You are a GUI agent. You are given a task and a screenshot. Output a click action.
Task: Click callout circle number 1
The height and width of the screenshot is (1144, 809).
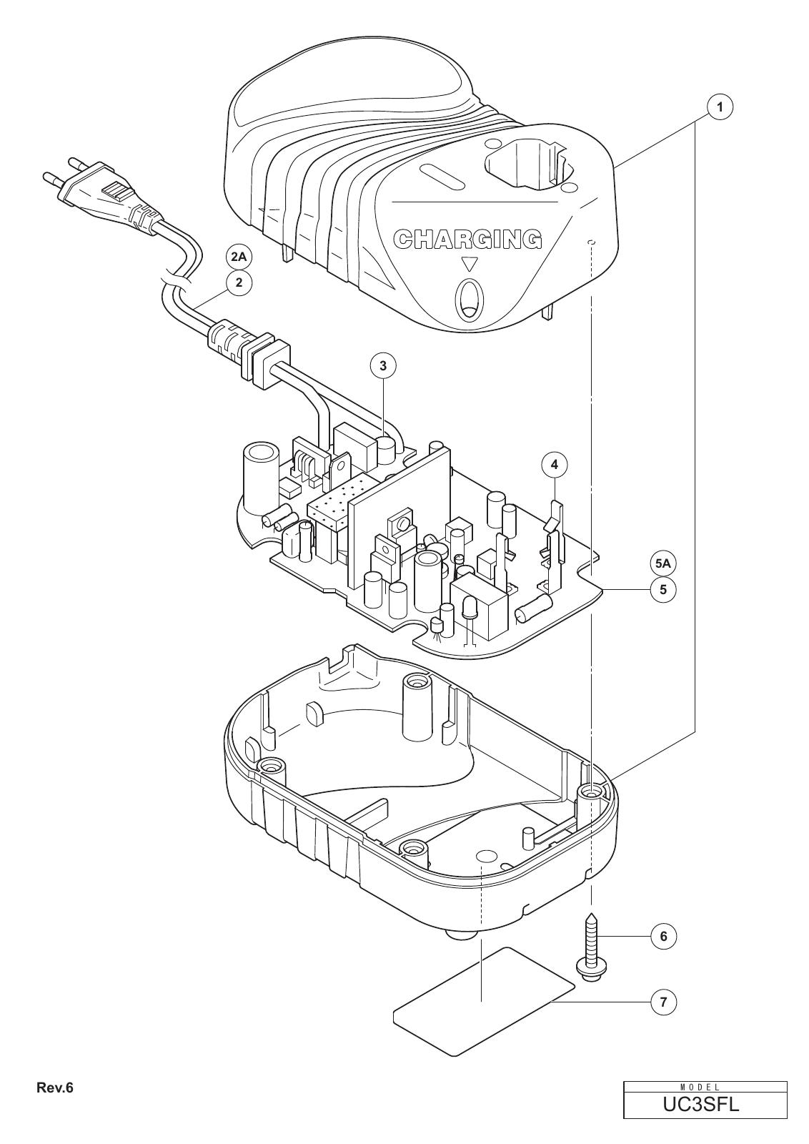(719, 107)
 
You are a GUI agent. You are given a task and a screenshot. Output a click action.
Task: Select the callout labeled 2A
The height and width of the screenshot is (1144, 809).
(239, 257)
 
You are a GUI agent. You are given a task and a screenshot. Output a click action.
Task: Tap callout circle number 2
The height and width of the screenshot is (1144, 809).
(239, 282)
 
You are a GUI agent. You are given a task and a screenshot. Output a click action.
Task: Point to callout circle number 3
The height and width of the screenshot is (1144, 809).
(383, 365)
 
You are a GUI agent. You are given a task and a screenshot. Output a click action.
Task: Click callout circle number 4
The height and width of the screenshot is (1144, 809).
(555, 465)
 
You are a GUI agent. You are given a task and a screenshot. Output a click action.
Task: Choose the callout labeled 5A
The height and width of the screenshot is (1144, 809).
(662, 564)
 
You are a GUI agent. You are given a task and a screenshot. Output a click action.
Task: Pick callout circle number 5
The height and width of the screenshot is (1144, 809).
(663, 589)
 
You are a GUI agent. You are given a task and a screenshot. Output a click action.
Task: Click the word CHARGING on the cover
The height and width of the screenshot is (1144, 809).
(467, 239)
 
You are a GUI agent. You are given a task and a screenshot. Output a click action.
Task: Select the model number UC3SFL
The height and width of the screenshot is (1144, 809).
(705, 1102)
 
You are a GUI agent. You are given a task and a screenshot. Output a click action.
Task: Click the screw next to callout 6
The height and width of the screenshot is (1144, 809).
(590, 947)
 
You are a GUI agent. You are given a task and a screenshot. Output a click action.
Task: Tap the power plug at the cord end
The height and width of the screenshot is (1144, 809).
(97, 189)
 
